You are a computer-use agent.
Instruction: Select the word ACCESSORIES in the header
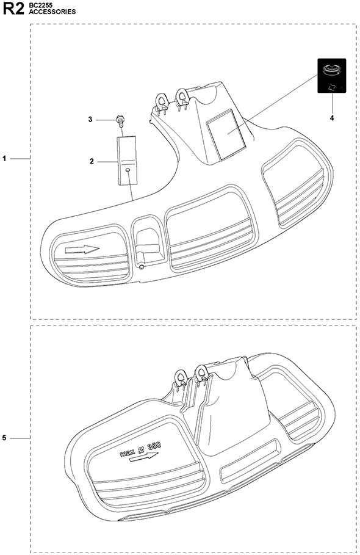(52, 12)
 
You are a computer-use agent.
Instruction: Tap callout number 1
(5, 159)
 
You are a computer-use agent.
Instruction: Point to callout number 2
(92, 161)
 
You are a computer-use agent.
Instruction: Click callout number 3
(90, 120)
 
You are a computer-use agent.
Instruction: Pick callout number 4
(332, 118)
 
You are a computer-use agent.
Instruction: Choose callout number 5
(4, 438)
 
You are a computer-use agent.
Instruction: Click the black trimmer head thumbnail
(332, 76)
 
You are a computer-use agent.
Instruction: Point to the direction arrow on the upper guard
(82, 250)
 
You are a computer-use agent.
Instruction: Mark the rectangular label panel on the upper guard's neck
(226, 134)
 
